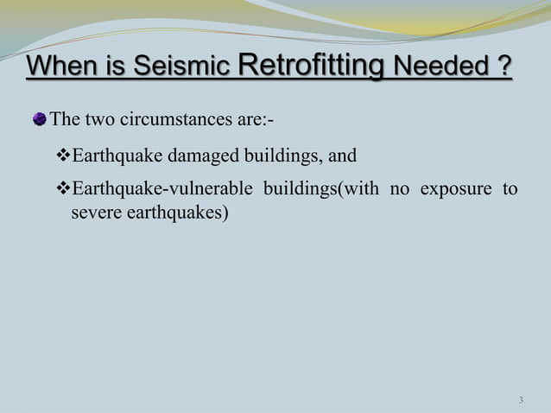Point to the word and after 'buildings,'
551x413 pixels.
tap(342, 156)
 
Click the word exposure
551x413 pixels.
tap(455, 189)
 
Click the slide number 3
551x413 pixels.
tap(521, 400)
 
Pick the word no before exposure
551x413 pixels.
tap(400, 189)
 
